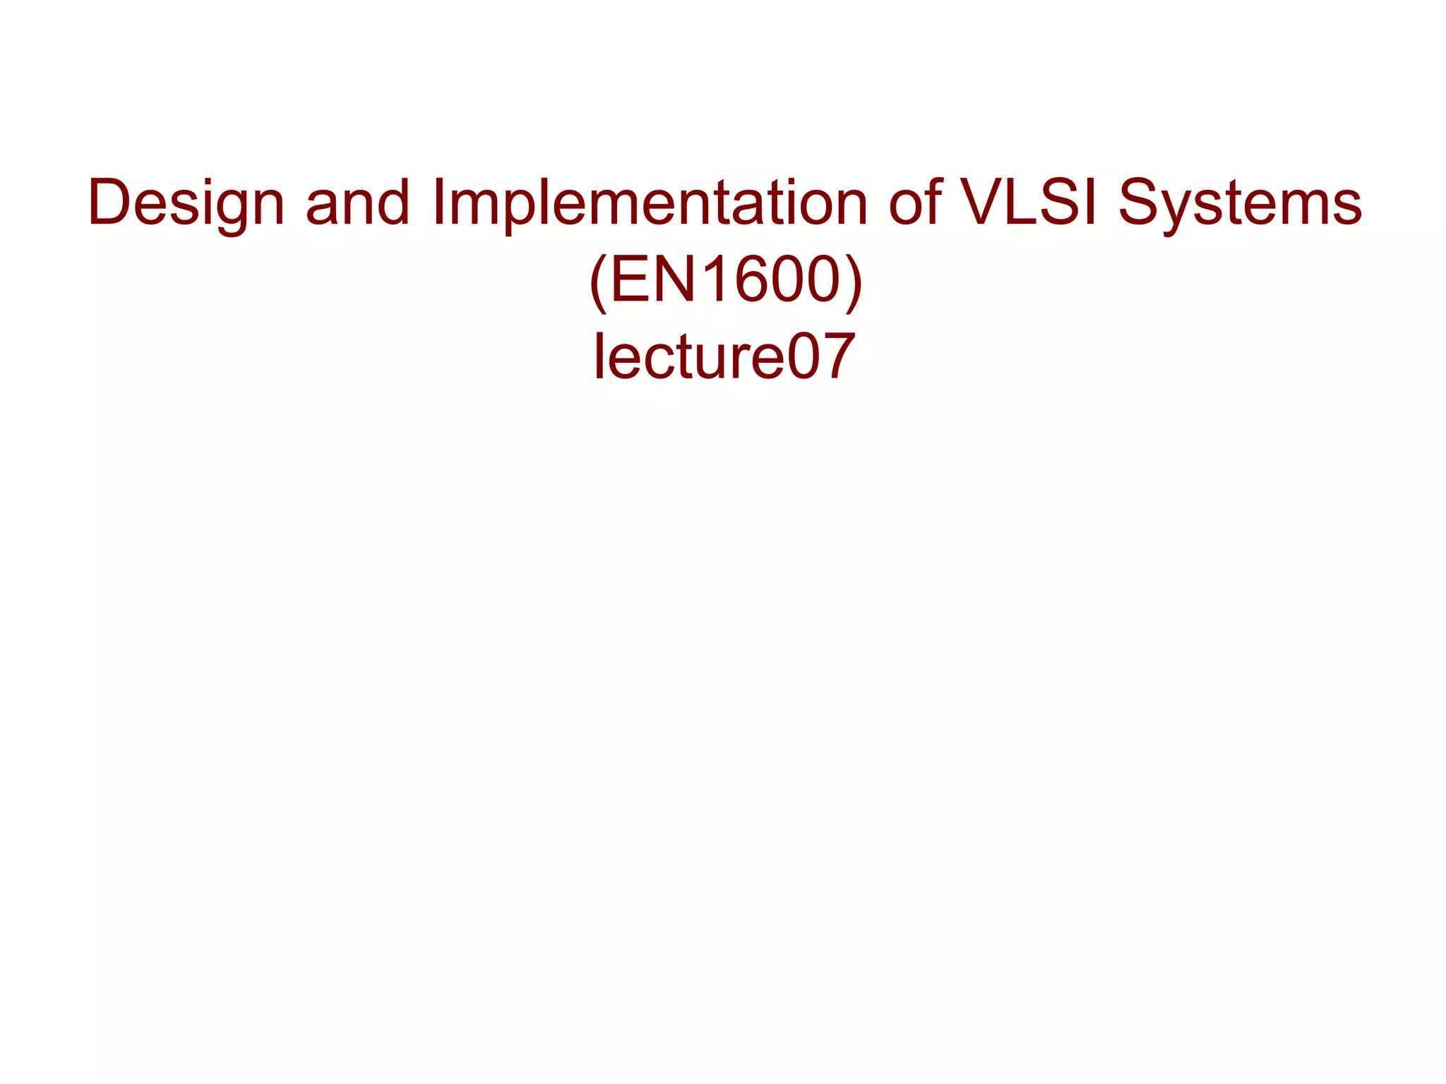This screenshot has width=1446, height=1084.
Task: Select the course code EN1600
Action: tap(725, 280)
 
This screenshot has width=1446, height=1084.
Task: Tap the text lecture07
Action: tap(724, 356)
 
